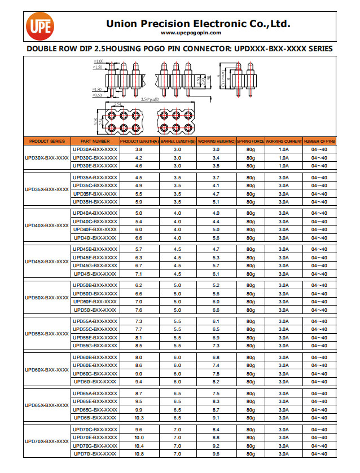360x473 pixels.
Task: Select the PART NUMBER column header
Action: point(95,141)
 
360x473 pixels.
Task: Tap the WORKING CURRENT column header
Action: point(284,141)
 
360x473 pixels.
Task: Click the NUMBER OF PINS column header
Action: point(319,141)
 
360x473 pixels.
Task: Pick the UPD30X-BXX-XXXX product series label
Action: point(47,158)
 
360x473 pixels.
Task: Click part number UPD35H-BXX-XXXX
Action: point(95,201)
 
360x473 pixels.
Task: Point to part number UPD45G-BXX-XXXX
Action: point(95,266)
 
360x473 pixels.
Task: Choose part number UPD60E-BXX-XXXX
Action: point(95,365)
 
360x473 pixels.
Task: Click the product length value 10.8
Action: point(139,454)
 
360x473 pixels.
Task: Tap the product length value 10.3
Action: point(139,418)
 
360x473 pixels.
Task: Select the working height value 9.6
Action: point(216,454)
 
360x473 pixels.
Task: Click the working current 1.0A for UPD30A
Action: point(284,149)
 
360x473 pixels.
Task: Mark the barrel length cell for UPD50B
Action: point(177,285)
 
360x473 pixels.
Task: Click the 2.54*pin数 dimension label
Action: point(150,99)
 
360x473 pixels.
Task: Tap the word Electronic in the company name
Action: point(219,24)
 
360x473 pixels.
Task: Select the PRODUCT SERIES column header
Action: point(47,141)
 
